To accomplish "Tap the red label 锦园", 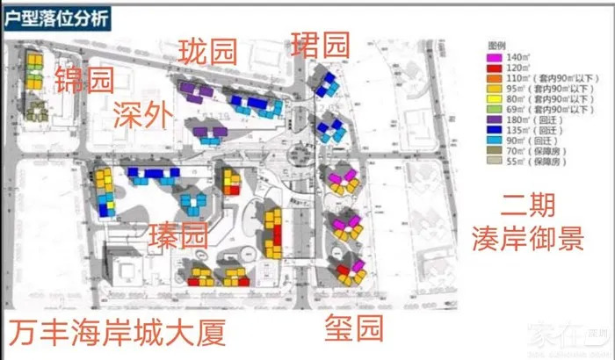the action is coord(85,81).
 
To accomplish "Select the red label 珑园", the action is coord(207,50).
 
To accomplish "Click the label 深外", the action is coord(143,113).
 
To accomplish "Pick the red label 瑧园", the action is coord(178,234).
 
